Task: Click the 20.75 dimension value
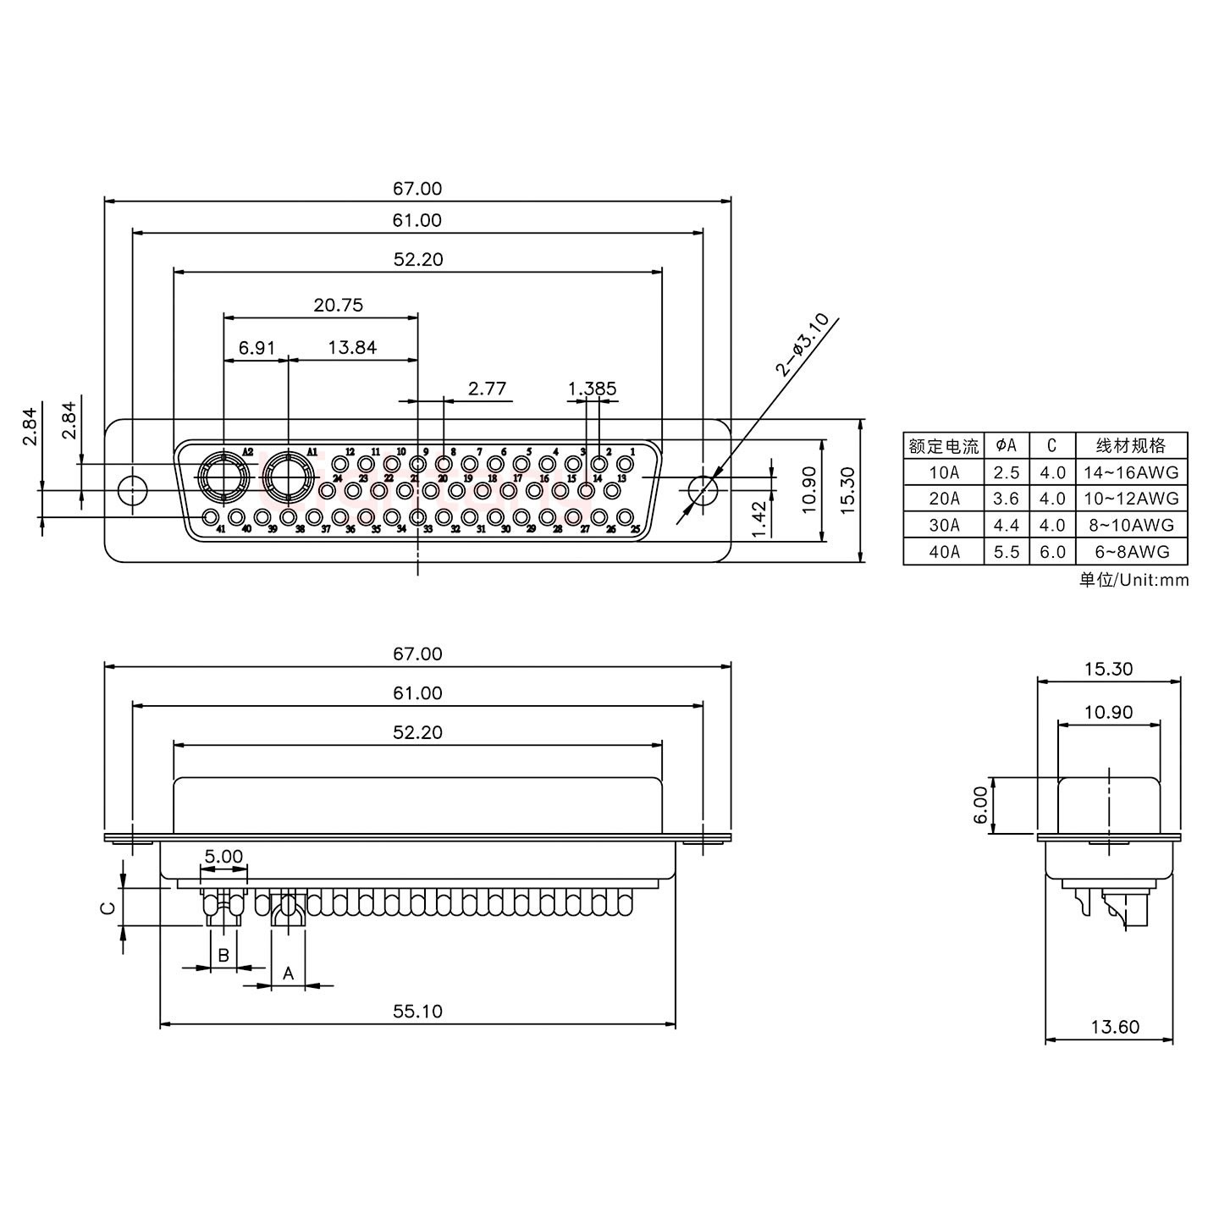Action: coord(338,305)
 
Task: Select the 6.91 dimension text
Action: coord(256,347)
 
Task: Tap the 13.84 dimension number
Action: coord(352,347)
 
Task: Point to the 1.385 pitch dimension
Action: coord(592,389)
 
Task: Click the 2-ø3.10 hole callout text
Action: coord(801,344)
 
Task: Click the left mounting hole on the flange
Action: coord(131,490)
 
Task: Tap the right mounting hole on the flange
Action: coord(703,490)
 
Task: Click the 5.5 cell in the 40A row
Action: coord(1007,551)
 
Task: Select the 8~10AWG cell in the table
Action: coord(1131,525)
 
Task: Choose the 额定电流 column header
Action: coord(943,445)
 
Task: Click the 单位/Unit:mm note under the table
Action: coord(1134,580)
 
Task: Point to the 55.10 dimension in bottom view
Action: coord(417,1011)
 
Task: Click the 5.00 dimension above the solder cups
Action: coord(223,856)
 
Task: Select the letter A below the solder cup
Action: coord(288,974)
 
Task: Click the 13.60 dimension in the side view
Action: coord(1114,1027)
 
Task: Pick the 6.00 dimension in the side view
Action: coord(980,805)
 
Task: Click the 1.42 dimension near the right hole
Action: coord(759,517)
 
